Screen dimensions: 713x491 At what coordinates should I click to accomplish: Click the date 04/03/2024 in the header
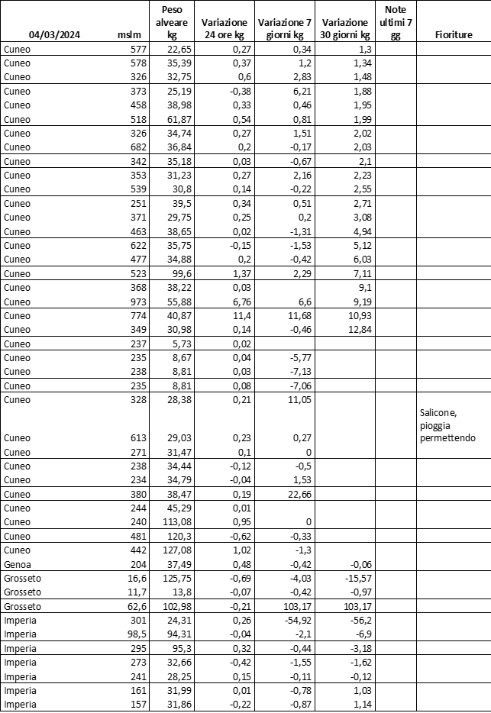click(x=55, y=35)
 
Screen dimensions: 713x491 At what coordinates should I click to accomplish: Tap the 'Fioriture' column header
click(x=453, y=35)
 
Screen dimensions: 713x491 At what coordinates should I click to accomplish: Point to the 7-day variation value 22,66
click(x=291, y=494)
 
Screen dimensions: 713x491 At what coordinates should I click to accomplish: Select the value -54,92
click(x=289, y=621)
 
